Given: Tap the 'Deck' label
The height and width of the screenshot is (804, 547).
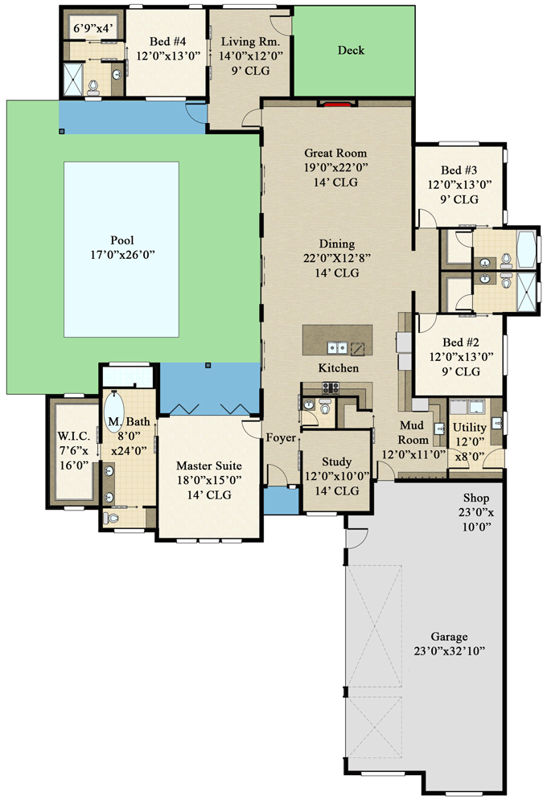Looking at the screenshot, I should pos(351,51).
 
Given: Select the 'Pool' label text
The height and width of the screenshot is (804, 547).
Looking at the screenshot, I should pos(121,240).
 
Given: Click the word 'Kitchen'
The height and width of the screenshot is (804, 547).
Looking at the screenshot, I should pos(338,368).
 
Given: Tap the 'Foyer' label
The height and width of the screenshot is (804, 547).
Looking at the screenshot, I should pos(282,438).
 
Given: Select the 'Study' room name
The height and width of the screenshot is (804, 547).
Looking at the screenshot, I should pos(336,462).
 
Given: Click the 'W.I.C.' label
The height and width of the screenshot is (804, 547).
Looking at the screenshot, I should pos(73,437).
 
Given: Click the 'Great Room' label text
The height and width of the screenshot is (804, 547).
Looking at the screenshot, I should pos(335,153).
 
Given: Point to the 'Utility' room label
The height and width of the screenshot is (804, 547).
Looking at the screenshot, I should pos(469,428).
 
